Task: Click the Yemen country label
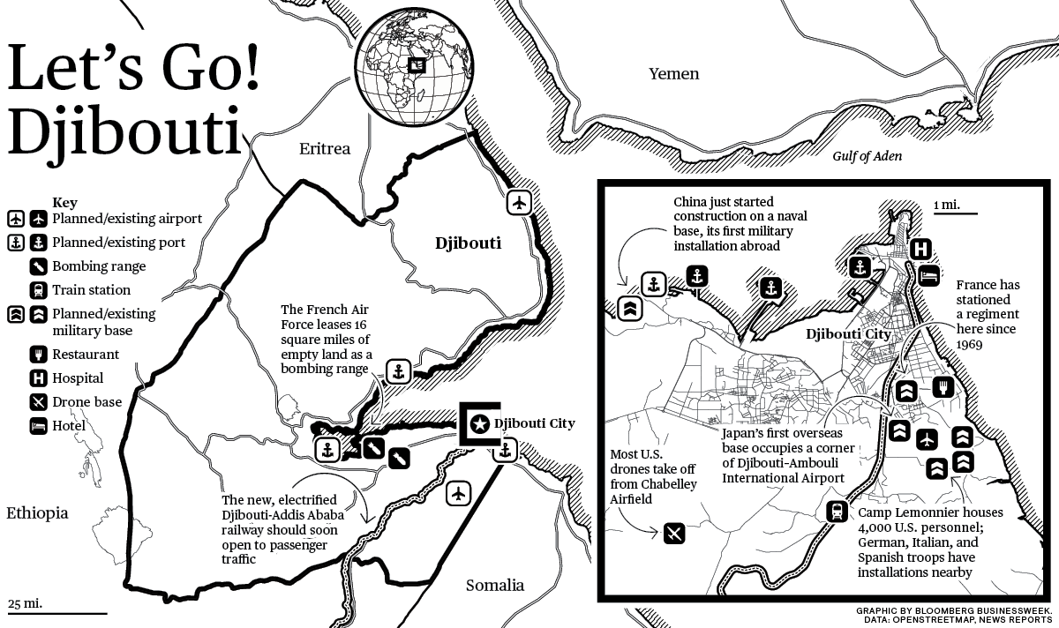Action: click(673, 74)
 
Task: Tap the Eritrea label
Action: click(324, 149)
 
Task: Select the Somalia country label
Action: click(493, 585)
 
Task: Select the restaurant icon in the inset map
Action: click(943, 386)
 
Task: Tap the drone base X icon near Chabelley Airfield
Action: click(673, 533)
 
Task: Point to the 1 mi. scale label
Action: click(946, 205)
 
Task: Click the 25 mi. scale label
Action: click(25, 604)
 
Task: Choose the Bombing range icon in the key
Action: click(39, 265)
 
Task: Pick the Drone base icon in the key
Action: click(39, 402)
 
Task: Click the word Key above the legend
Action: click(64, 202)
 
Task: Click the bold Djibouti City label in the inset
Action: click(848, 335)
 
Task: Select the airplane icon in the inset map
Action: click(925, 438)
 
